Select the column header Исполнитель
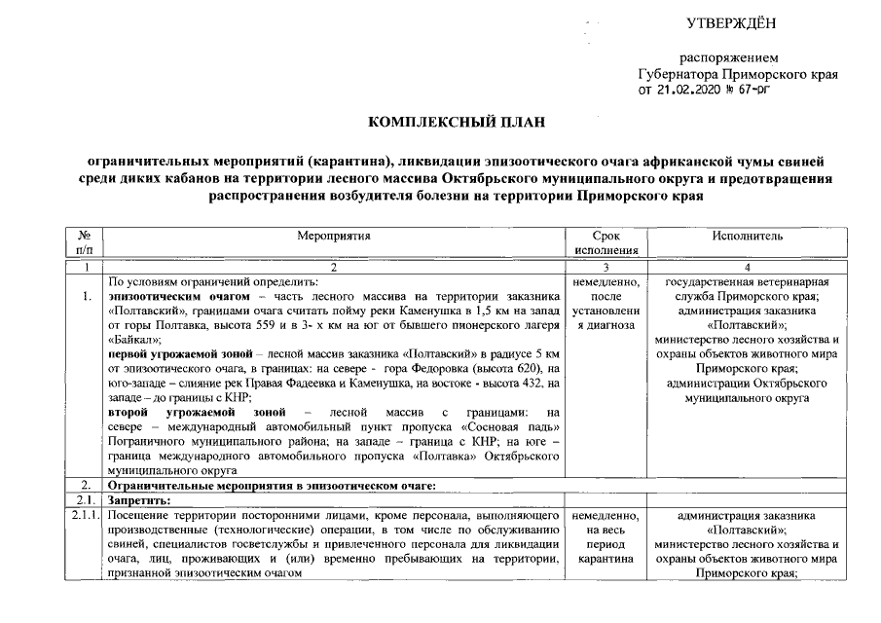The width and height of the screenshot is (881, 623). coord(747,236)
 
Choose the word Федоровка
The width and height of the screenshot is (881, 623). coord(460,368)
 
